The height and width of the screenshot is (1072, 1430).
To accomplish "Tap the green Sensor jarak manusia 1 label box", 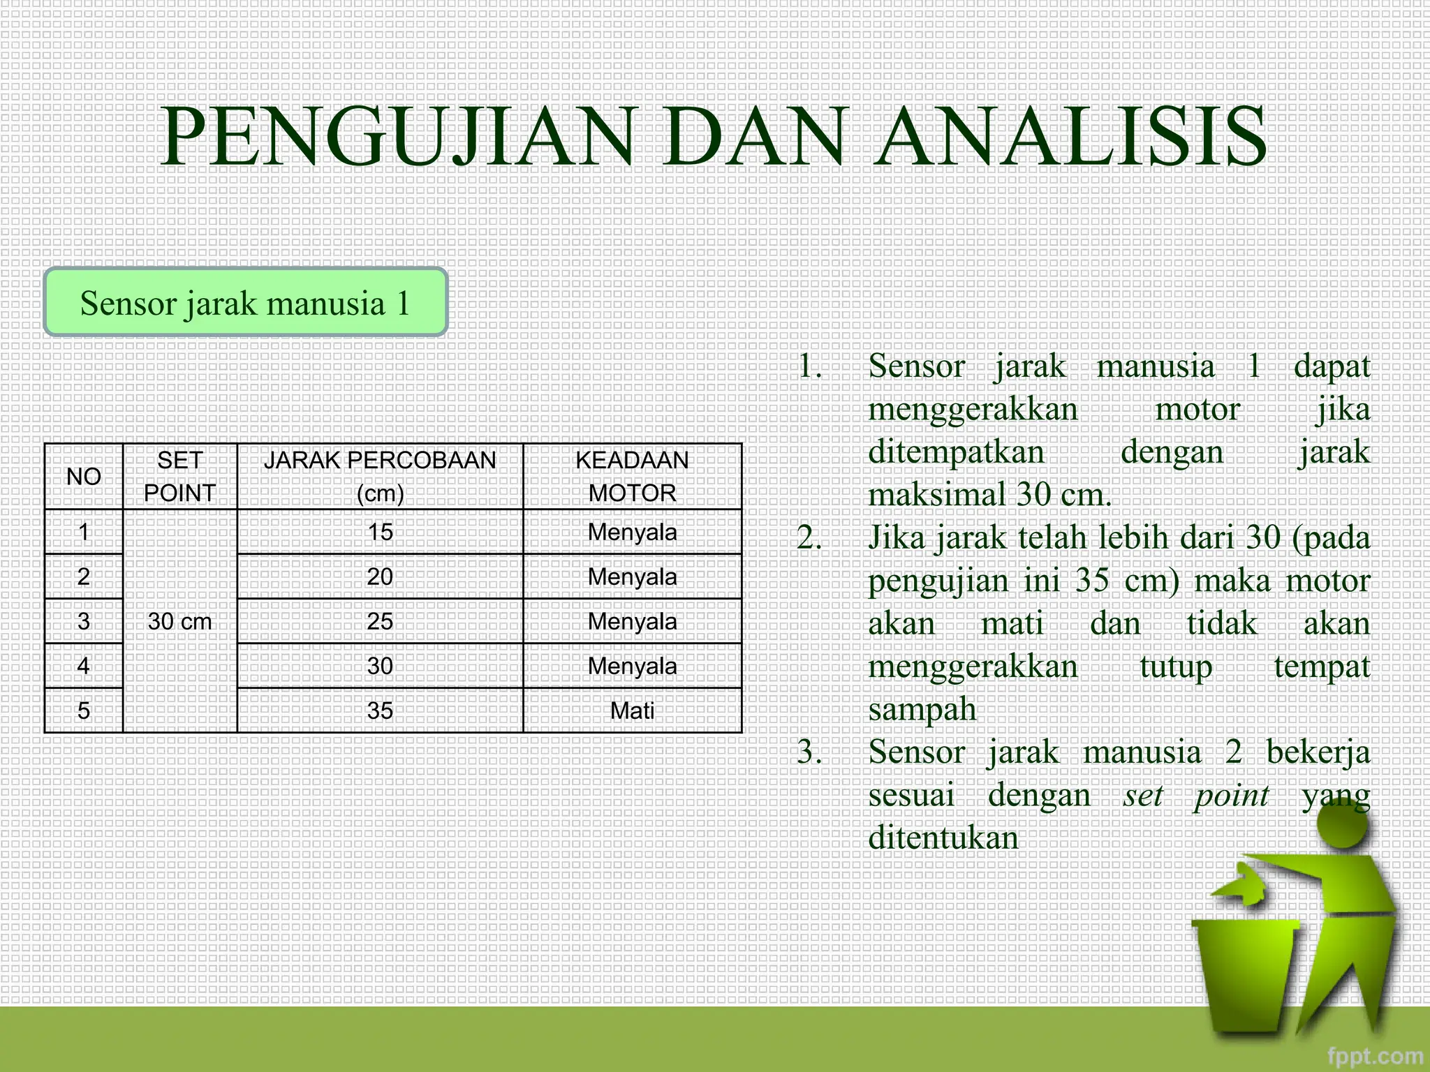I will [245, 303].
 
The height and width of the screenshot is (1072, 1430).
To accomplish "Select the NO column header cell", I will [84, 477].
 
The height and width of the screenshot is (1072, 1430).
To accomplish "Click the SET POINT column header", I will [179, 477].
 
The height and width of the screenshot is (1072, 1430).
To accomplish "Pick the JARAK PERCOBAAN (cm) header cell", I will [380, 477].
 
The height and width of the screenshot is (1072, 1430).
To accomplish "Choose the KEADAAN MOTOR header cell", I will [632, 477].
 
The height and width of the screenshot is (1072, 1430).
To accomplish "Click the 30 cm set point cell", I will [179, 621].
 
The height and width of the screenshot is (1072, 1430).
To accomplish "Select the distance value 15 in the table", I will [380, 532].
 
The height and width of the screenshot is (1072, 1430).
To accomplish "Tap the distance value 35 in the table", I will [380, 710].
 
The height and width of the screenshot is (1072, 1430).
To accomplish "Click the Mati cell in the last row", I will [632, 710].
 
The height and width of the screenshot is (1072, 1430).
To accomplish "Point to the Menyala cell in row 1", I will [632, 532].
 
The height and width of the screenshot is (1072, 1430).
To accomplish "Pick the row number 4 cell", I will [84, 666].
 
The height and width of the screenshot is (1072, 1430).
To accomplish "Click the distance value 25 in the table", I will [380, 621].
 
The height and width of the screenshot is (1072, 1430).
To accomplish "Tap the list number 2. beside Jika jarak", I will [809, 538].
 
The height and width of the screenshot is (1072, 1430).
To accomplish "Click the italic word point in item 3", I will [1231, 796].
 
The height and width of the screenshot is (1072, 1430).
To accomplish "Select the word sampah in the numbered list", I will [922, 710].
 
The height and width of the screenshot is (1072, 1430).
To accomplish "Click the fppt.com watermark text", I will [1374, 1056].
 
